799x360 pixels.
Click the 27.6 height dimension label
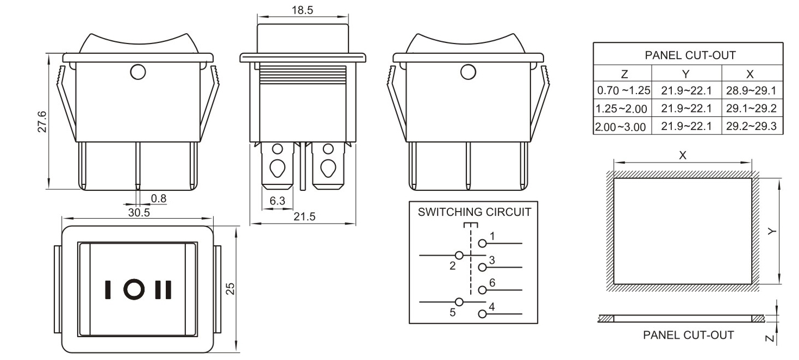[42, 122]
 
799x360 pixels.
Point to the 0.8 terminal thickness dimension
[159, 198]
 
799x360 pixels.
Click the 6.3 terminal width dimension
[277, 201]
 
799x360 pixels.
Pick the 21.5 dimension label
[304, 216]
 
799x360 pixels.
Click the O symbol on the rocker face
[133, 289]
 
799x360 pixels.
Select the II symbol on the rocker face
[163, 289]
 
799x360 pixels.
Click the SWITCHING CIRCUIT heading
[474, 212]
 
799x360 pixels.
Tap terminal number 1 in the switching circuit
[492, 236]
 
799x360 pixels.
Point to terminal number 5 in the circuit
[451, 314]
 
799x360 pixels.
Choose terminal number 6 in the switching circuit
[492, 282]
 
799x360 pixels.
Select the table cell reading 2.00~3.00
[621, 127]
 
